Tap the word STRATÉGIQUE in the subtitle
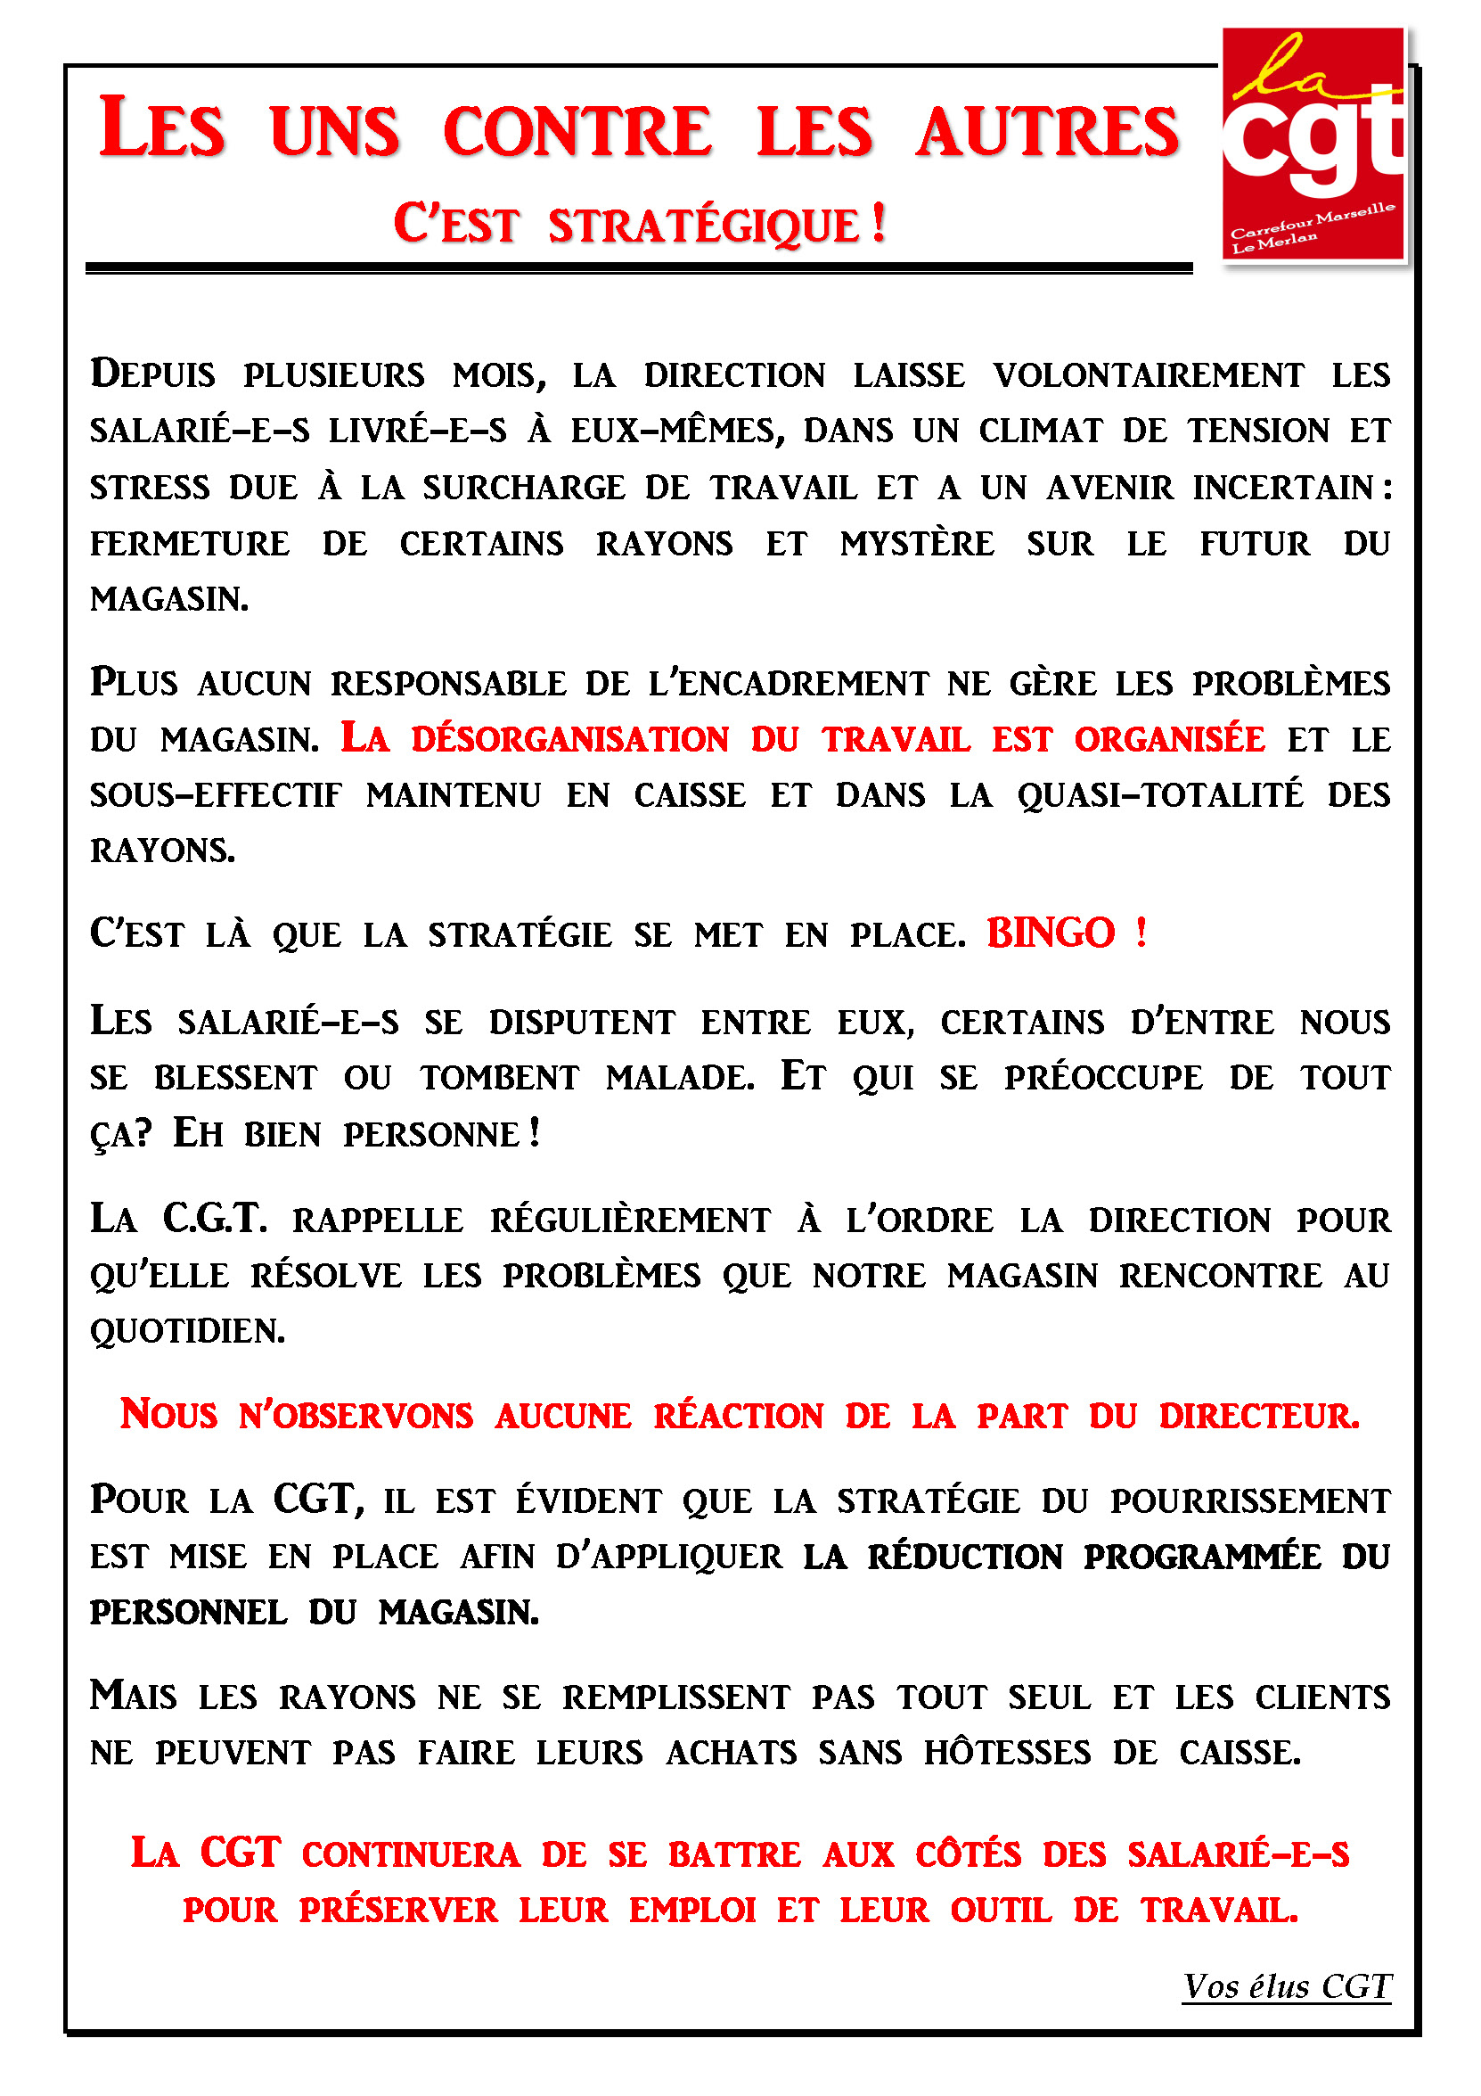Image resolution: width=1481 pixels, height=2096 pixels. coord(703,226)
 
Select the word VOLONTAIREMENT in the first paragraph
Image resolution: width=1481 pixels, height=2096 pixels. coord(1148,376)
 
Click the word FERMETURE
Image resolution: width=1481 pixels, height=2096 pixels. coord(190,544)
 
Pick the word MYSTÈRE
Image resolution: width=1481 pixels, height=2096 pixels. coord(916,544)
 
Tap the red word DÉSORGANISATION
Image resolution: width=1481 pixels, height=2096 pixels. coord(570,739)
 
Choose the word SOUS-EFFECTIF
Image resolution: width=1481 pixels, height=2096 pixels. coord(216,795)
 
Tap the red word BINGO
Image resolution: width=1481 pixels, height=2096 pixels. coord(1051,933)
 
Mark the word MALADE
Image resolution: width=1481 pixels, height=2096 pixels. coord(680,1078)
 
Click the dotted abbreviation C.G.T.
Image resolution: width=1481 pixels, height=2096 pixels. coord(215,1219)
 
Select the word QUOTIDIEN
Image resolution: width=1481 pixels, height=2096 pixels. coord(187,1332)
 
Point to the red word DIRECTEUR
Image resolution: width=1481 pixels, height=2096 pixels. coord(1258,1416)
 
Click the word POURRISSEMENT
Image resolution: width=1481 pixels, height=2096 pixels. coord(1249,1500)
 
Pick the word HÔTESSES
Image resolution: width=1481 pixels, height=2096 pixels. coord(1007,1753)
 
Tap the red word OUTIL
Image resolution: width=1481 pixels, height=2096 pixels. coord(1000,1911)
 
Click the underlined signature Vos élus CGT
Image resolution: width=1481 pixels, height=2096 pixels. coord(1286,1986)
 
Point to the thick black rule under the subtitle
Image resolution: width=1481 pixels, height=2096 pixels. coord(639,267)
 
